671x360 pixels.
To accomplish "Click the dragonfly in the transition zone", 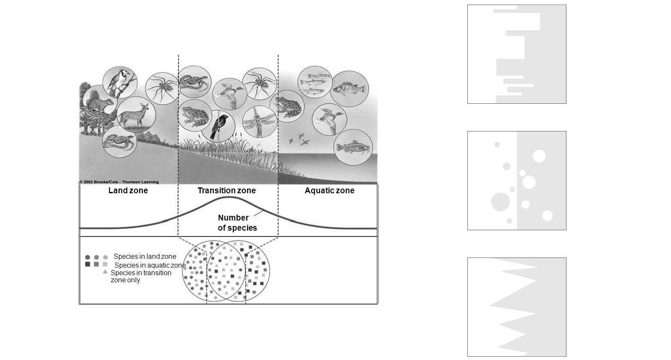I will pyautogui.click(x=259, y=121).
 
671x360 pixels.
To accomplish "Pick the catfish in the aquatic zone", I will pyautogui.click(x=354, y=148).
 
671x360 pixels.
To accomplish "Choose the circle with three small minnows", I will pyautogui.click(x=315, y=82).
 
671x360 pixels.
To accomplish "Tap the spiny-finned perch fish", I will pyautogui.click(x=349, y=89).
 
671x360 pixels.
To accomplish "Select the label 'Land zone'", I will pyautogui.click(x=128, y=191).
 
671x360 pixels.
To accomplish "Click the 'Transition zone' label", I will pyautogui.click(x=227, y=191).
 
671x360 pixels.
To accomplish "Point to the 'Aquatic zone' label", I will pyautogui.click(x=330, y=191).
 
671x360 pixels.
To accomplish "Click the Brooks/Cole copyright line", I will pyautogui.click(x=119, y=182).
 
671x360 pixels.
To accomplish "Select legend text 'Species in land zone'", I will pyautogui.click(x=145, y=257).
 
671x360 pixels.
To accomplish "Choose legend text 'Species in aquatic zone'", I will pyautogui.click(x=150, y=265).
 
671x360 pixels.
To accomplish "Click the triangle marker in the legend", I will pyautogui.click(x=105, y=272).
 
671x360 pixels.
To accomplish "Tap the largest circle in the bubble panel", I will pyautogui.click(x=501, y=202).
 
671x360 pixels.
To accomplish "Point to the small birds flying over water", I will pyautogui.click(x=299, y=139).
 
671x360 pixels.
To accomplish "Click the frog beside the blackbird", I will pyautogui.click(x=194, y=115).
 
